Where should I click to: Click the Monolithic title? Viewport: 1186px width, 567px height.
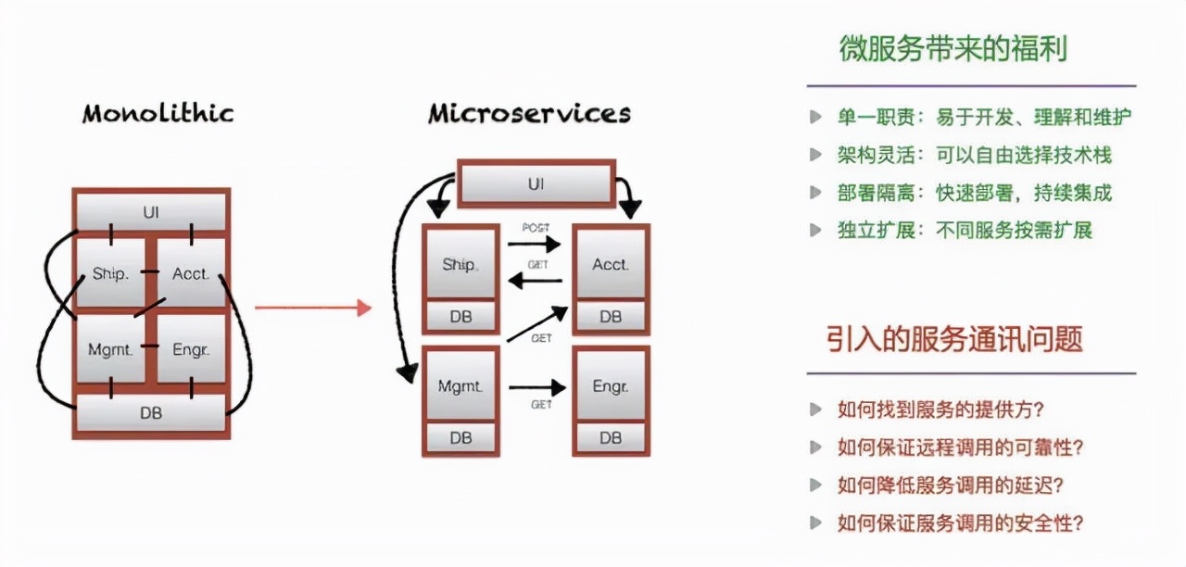tap(158, 114)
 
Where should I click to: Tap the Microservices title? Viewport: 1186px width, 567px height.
tap(529, 114)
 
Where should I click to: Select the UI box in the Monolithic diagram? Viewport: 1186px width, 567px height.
tap(151, 212)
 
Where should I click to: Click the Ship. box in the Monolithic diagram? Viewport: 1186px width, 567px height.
tap(110, 273)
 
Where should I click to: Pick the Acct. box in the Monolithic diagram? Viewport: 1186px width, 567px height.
tap(192, 273)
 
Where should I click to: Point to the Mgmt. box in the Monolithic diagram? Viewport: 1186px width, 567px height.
tap(110, 349)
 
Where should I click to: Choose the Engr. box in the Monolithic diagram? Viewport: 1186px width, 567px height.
tap(192, 349)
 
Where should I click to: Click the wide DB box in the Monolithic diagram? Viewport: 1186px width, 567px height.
tap(151, 412)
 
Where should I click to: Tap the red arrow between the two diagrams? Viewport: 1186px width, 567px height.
tap(312, 308)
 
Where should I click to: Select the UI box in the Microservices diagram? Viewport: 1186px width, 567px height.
tap(536, 183)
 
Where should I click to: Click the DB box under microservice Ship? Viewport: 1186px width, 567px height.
tap(461, 316)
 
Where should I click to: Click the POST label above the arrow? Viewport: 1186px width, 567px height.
tap(536, 228)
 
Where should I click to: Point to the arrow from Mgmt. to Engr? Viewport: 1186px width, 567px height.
tap(536, 387)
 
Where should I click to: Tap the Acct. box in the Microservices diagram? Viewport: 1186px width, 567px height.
tap(611, 264)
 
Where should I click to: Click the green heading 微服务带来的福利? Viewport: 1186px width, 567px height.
tap(953, 48)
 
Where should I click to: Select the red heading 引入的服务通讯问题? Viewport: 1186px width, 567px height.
tap(954, 339)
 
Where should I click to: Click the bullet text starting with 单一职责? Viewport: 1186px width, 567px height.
tap(983, 118)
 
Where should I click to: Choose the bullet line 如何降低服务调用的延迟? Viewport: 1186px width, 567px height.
tap(950, 485)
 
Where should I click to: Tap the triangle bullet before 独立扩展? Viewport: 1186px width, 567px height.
tap(815, 230)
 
